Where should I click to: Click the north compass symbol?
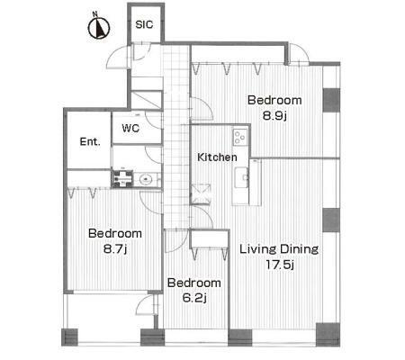(99, 28)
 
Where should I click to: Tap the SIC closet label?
(144, 24)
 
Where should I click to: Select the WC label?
(130, 129)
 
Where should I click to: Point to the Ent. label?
(90, 141)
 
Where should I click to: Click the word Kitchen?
(217, 157)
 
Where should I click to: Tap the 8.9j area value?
(274, 116)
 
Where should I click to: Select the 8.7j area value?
(115, 249)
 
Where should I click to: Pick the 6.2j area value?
(194, 298)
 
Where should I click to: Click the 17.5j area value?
(279, 265)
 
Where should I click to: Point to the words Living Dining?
(279, 249)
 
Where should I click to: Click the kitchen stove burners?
(240, 137)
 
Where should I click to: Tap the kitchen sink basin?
(241, 177)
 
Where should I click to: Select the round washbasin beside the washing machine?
(146, 179)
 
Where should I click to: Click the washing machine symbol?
(122, 179)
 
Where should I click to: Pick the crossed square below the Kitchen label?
(201, 194)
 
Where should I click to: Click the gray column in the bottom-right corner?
(328, 334)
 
